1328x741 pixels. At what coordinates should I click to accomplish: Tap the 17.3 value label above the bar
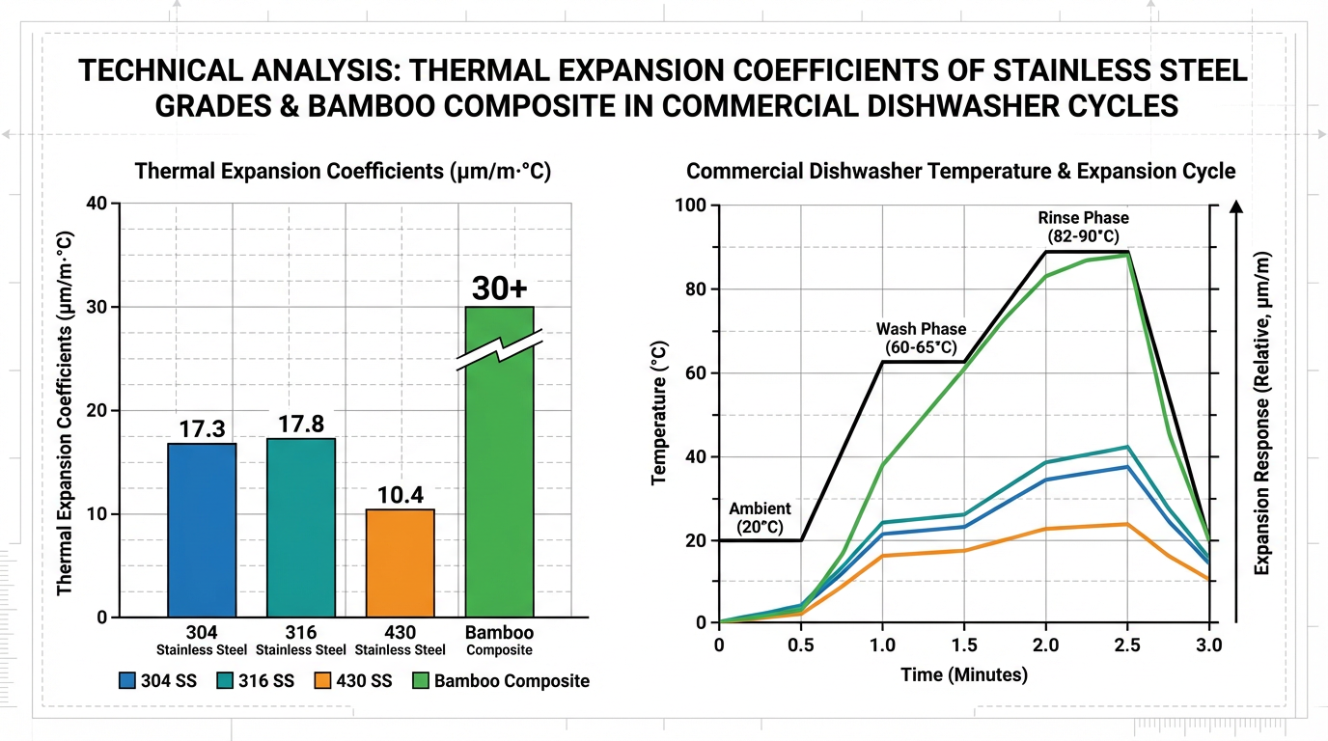pos(202,429)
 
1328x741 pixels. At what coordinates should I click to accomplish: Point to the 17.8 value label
pos(301,425)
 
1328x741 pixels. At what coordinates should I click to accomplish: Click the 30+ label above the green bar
pos(499,288)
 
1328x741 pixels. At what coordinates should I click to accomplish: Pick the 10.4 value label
pos(401,495)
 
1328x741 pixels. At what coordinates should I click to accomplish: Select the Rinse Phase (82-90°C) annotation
pos(1084,227)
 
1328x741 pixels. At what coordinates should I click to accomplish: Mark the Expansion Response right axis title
pos(1262,413)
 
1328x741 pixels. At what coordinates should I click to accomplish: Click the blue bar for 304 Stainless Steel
pos(202,531)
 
